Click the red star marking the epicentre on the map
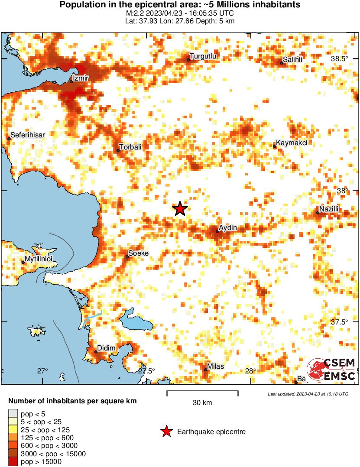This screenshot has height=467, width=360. point(180,209)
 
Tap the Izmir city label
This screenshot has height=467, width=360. point(81,78)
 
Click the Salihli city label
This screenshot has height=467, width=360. point(292,59)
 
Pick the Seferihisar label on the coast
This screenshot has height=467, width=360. point(28,135)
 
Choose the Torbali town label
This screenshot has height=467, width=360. point(131,147)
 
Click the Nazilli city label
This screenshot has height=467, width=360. point(329,210)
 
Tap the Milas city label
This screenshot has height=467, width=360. point(216,366)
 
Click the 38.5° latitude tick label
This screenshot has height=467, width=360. point(339,59)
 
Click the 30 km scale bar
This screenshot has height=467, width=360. point(202,393)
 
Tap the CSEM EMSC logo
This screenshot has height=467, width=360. point(331,369)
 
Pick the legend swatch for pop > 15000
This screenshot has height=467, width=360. point(13,462)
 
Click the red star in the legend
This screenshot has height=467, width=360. point(165,431)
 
